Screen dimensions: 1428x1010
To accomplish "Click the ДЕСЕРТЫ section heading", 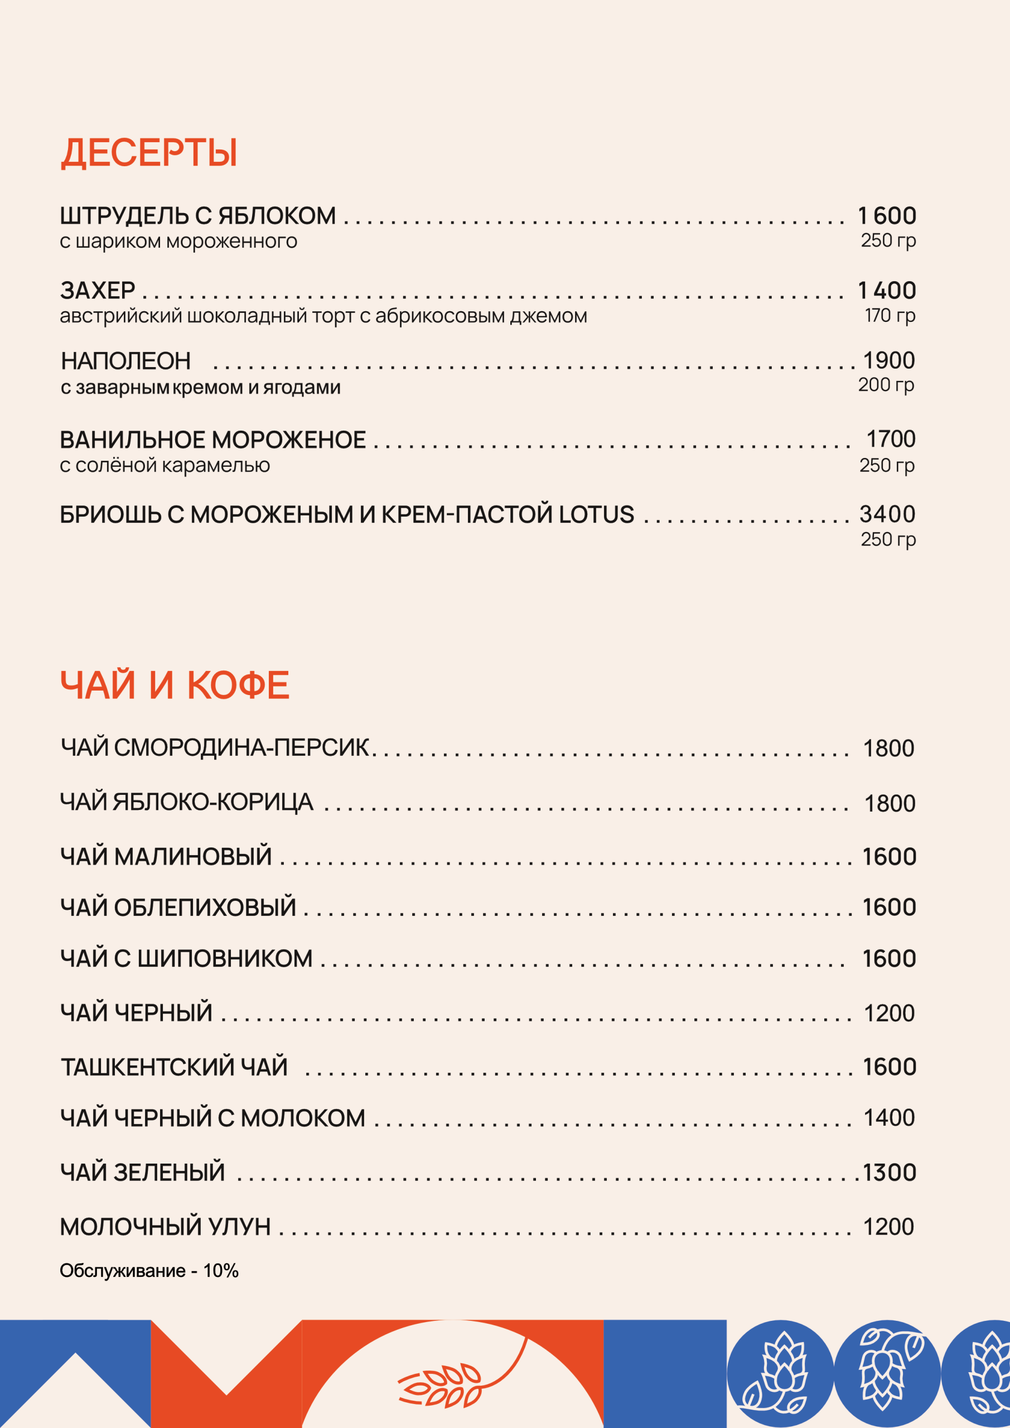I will click(149, 153).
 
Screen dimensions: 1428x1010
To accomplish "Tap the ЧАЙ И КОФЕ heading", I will click(175, 686).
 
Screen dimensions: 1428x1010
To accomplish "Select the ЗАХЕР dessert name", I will click(98, 291).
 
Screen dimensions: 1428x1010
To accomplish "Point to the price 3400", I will click(887, 514).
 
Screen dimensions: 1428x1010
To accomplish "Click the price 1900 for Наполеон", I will click(889, 361).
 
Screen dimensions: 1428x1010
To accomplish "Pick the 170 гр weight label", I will click(890, 315).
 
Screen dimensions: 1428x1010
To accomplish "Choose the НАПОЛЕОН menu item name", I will click(125, 361).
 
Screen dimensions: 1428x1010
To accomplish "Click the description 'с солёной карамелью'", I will click(165, 465).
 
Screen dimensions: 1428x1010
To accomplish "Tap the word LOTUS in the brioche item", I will click(596, 515).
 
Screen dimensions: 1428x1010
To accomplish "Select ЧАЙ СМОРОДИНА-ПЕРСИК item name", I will click(215, 747).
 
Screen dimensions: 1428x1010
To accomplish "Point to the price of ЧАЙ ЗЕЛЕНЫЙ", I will click(890, 1173).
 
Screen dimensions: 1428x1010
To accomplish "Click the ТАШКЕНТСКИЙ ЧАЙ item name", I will click(174, 1067).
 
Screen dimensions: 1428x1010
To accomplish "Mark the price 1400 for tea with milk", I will click(890, 1118).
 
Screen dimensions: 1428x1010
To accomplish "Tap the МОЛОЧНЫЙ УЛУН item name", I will click(166, 1227).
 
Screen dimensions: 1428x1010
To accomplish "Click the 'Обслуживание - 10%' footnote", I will click(149, 1271).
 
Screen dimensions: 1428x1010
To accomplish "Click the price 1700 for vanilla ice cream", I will click(891, 439).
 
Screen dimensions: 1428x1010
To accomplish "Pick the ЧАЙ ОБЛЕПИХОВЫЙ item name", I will click(178, 908).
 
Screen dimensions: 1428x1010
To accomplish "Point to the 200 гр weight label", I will click(886, 385).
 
